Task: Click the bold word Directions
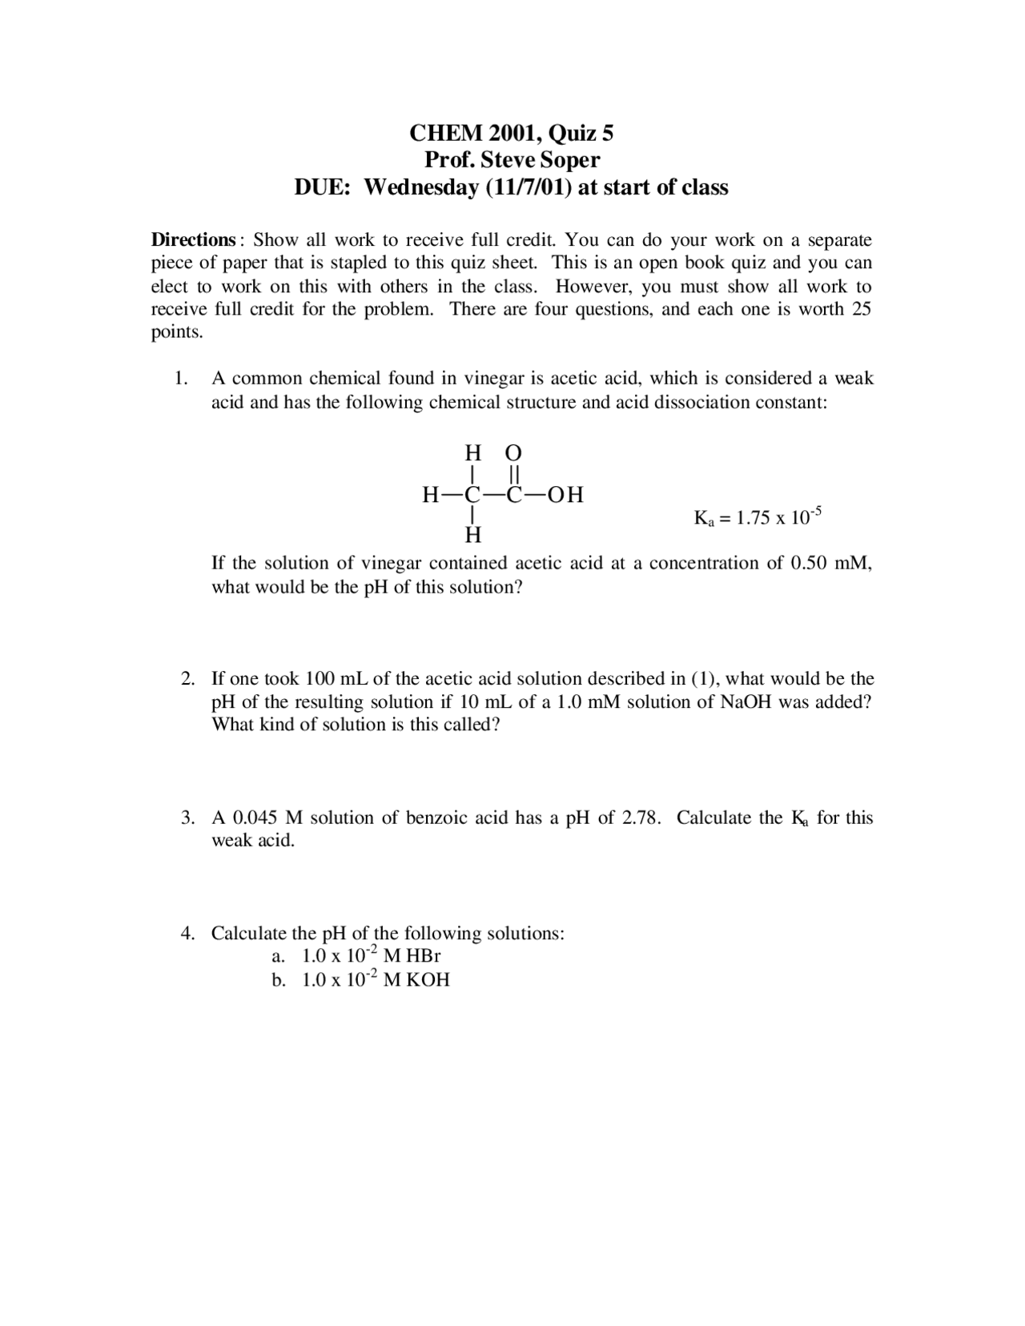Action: tap(193, 240)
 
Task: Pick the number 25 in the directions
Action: tap(862, 309)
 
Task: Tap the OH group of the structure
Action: tap(565, 496)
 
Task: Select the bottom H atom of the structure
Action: tap(474, 534)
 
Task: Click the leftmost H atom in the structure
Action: tap(431, 496)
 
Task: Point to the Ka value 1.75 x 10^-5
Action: tap(758, 517)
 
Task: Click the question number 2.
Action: tap(187, 679)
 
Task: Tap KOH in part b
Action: tap(428, 980)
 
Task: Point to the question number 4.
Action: tap(187, 934)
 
